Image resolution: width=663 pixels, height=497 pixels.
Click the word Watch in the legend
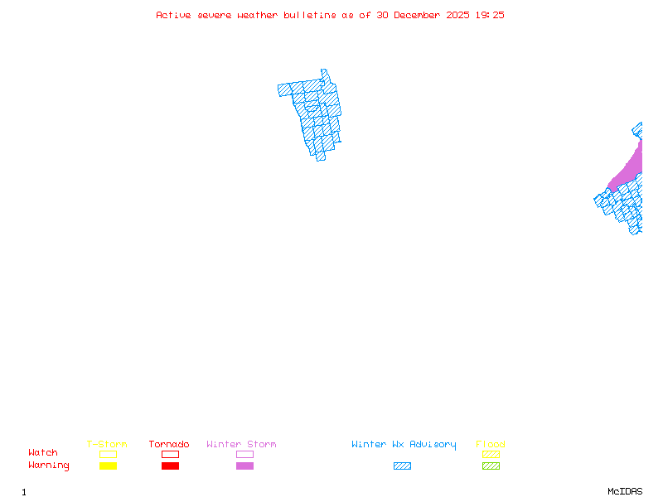point(43,453)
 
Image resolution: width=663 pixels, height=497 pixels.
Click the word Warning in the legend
point(49,466)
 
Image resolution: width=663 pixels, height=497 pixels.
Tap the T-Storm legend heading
point(107,445)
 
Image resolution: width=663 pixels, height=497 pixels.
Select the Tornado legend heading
point(169,445)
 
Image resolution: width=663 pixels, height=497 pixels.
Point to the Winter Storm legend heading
point(241,445)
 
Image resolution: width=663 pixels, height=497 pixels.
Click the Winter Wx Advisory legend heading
point(404,445)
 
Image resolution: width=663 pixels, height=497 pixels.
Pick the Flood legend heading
point(490,445)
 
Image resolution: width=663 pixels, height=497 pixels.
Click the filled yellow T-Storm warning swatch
point(108,466)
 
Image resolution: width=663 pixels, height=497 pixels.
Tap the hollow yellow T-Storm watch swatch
point(108,454)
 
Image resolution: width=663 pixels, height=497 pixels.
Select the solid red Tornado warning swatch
point(170,466)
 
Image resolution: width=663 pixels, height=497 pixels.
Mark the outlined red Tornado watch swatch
point(170,454)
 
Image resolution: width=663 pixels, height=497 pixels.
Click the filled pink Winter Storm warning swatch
point(244,466)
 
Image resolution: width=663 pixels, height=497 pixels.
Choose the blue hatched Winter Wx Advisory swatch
point(402,466)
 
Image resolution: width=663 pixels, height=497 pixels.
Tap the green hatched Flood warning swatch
point(491,466)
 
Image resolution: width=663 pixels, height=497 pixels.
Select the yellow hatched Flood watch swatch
point(491,454)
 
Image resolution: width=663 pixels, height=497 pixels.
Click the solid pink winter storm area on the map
point(630,170)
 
